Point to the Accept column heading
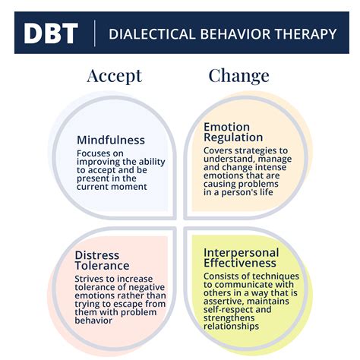click(x=115, y=75)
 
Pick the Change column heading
click(x=238, y=75)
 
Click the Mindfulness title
click(x=111, y=140)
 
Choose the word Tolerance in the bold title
click(x=102, y=266)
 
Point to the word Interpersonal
click(x=240, y=252)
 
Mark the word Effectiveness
click(x=242, y=264)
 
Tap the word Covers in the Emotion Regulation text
click(x=219, y=150)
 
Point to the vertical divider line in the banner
click(x=94, y=33)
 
